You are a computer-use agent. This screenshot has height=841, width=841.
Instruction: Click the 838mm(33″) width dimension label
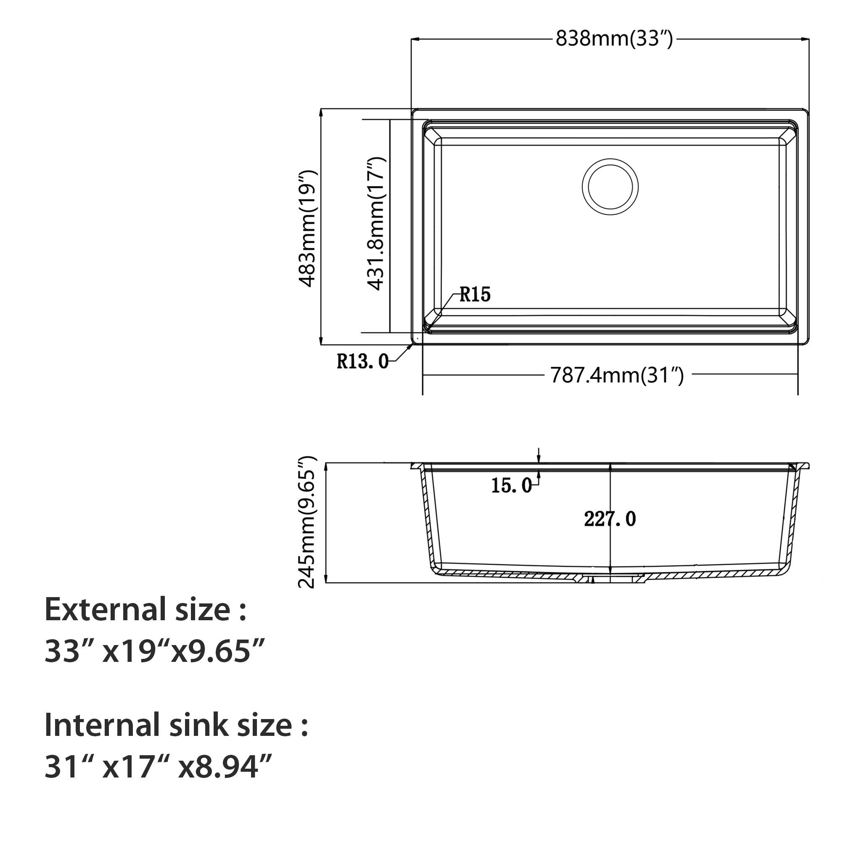[614, 39]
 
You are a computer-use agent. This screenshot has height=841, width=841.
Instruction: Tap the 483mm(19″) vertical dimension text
[308, 228]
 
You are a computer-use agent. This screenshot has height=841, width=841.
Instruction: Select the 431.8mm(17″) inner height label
[376, 224]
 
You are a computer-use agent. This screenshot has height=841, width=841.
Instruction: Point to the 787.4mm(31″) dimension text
[617, 375]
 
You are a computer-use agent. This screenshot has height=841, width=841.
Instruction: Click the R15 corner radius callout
[475, 295]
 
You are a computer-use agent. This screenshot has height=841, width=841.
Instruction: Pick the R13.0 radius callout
[362, 361]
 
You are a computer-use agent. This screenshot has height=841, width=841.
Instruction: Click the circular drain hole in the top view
[610, 186]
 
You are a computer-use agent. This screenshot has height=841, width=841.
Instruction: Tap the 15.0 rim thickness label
[511, 485]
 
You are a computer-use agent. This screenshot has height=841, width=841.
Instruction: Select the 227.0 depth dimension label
[609, 519]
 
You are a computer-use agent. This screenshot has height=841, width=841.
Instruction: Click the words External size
[145, 609]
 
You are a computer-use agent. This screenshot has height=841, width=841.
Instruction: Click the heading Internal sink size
[176, 725]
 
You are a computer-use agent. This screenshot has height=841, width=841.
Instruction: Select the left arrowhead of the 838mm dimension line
[415, 40]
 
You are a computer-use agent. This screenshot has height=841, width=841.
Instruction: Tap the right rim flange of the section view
[804, 466]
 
